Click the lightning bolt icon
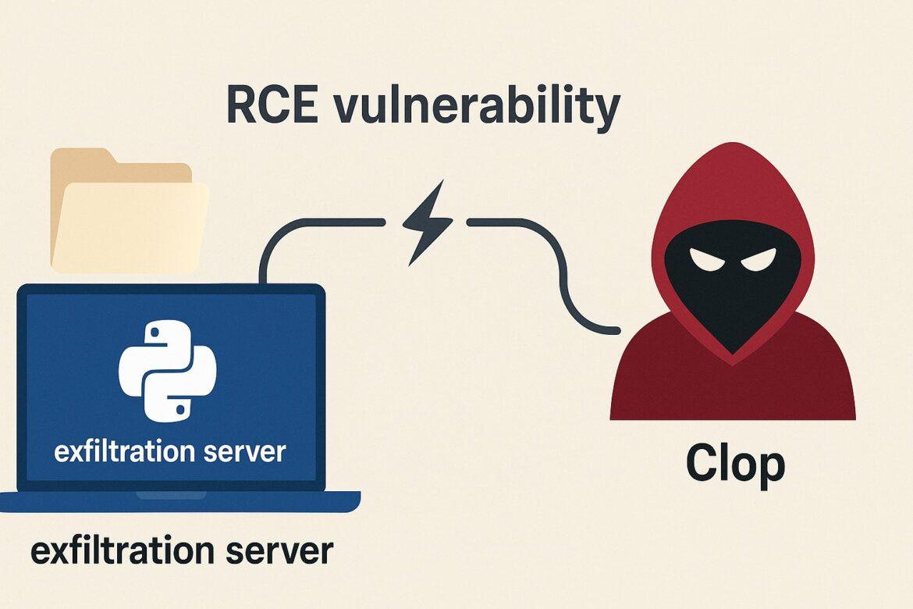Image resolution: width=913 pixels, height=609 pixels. tap(425, 223)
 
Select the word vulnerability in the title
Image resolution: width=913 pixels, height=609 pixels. tap(476, 107)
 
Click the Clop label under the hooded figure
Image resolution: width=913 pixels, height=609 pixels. tap(734, 465)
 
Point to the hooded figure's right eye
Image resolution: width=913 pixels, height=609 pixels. tap(755, 259)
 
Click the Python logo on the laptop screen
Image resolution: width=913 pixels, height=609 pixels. tap(167, 370)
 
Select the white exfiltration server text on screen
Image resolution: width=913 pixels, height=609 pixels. tap(169, 451)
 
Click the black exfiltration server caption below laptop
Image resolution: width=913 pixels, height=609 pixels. tap(181, 551)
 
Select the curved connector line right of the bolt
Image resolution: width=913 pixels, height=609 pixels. tap(546, 258)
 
